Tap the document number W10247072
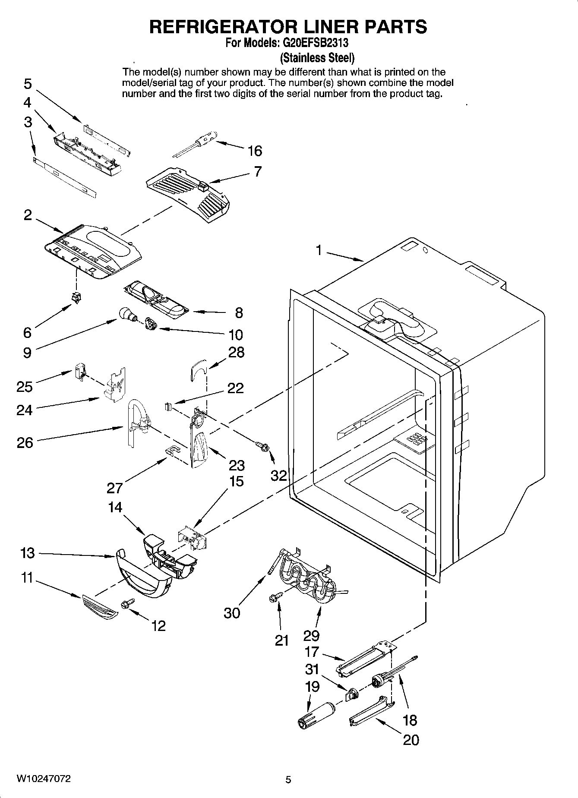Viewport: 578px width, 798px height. click(44, 779)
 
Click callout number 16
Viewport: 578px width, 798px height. click(255, 151)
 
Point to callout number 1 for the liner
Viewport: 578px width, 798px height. click(319, 250)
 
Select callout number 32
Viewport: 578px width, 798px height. click(279, 475)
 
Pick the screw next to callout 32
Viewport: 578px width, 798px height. click(263, 447)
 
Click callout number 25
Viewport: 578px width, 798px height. click(25, 386)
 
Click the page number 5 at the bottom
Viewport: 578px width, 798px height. click(288, 779)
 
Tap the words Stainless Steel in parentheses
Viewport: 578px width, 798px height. click(317, 57)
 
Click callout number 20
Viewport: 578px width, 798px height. click(411, 740)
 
